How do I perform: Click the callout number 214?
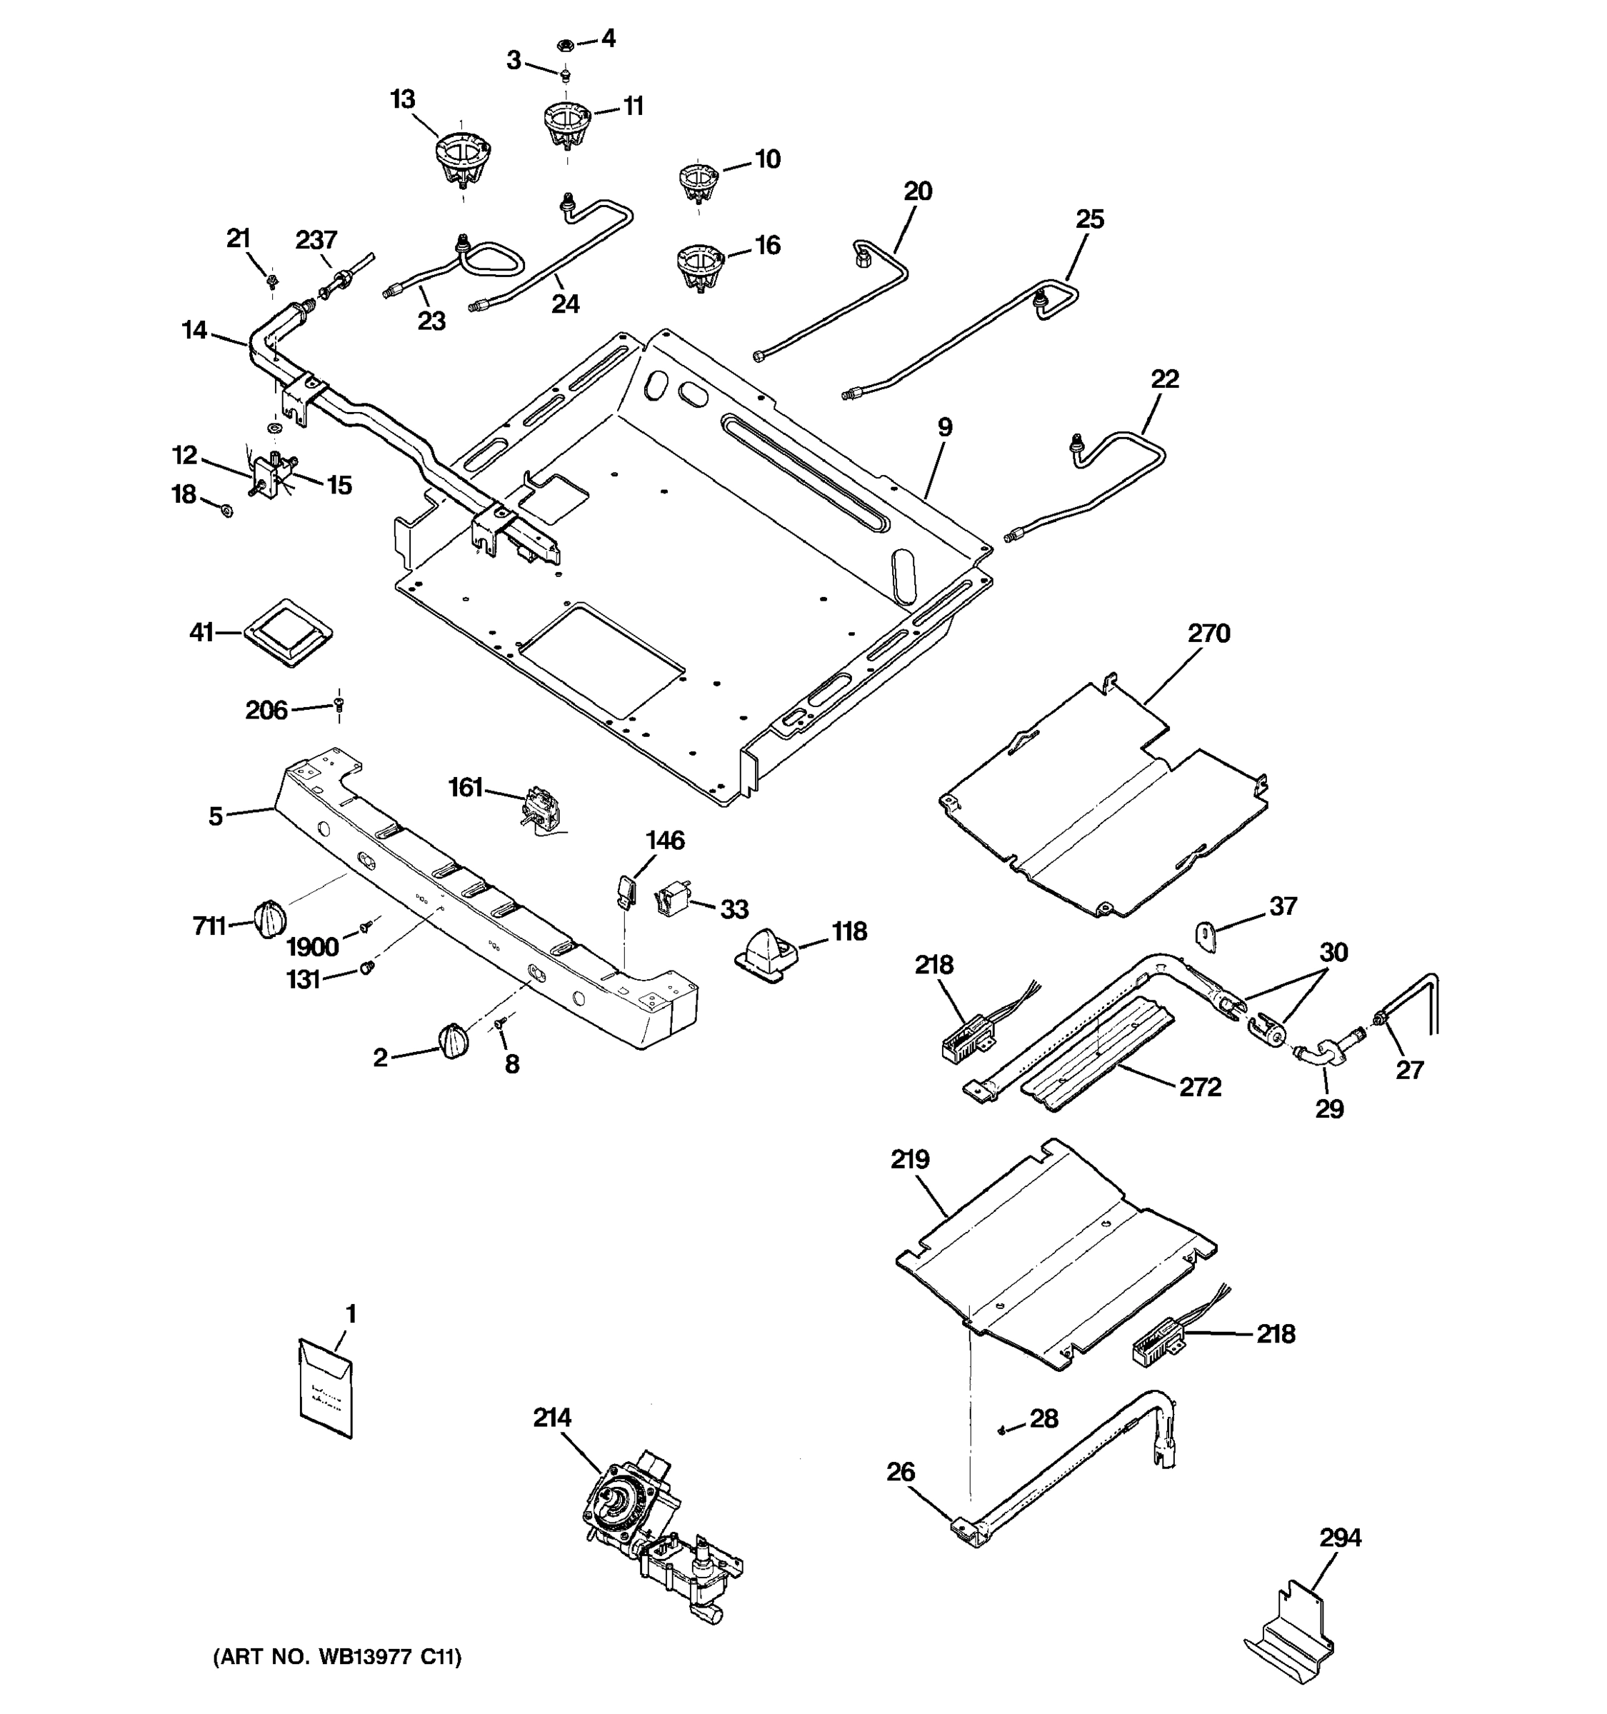click(552, 1418)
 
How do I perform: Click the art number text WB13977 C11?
click(337, 1657)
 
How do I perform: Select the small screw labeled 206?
click(339, 704)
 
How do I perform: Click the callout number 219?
click(909, 1160)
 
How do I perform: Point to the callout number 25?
click(1090, 219)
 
